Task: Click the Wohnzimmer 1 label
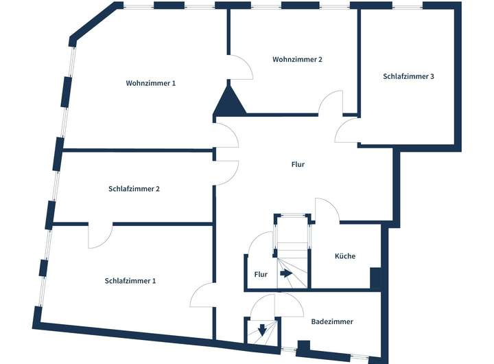[151, 83]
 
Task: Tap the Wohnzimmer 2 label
[297, 60]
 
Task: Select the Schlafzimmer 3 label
[408, 76]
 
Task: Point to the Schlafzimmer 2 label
[134, 188]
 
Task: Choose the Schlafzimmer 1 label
[130, 280]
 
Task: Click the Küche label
[344, 256]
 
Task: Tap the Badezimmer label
[331, 321]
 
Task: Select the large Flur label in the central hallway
[298, 165]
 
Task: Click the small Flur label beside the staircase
[261, 275]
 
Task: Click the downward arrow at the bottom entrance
[262, 329]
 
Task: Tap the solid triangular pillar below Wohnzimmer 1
[229, 101]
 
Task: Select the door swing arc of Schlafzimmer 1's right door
[203, 295]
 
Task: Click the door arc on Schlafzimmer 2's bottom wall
[100, 236]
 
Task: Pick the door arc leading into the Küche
[327, 210]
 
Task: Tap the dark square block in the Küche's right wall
[375, 277]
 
